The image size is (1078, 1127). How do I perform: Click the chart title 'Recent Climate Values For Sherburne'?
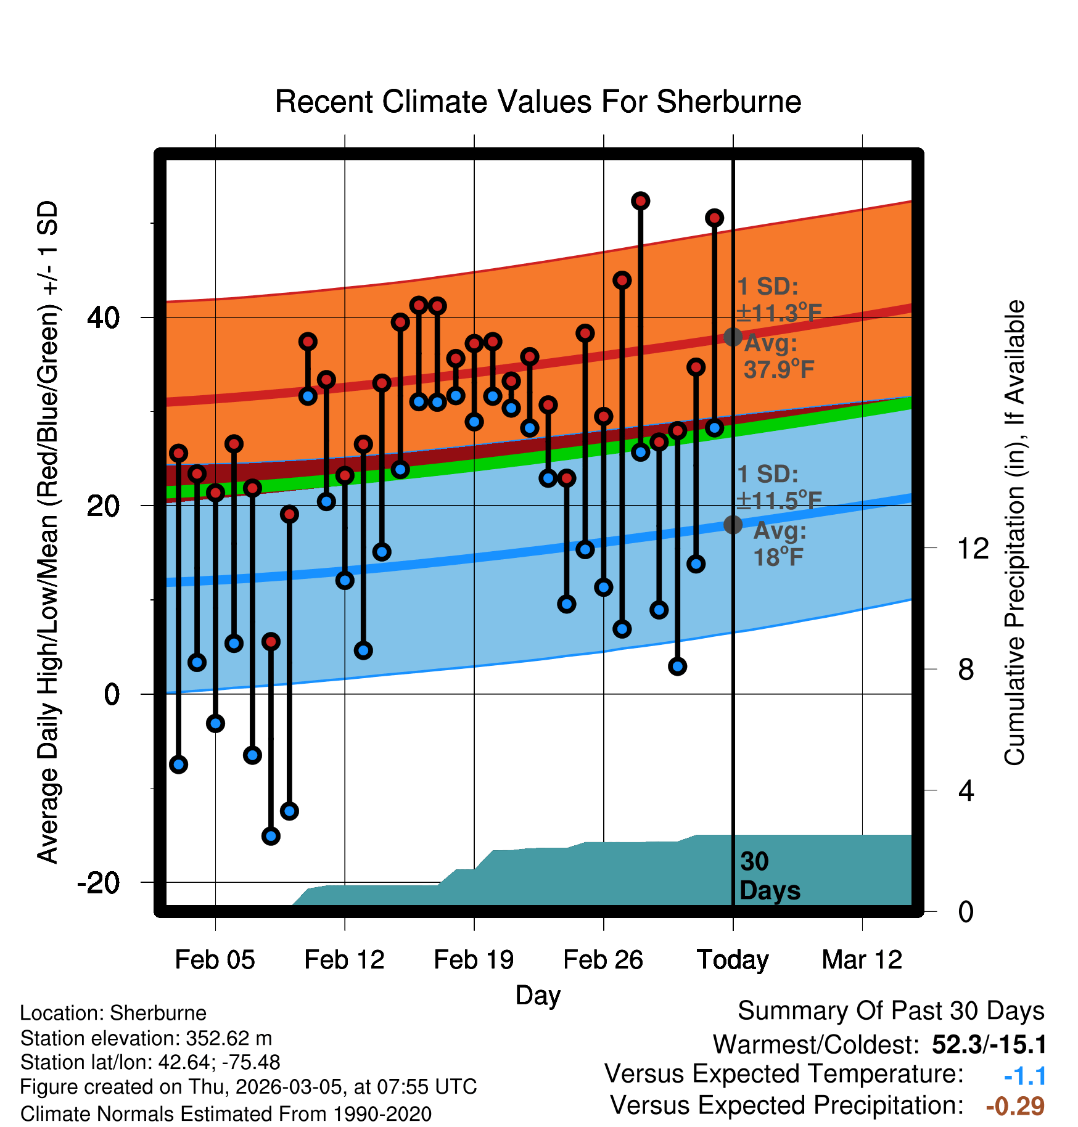coord(538,102)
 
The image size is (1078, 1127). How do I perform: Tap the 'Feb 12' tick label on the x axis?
coord(344,960)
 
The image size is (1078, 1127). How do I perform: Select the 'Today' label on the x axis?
coord(733,960)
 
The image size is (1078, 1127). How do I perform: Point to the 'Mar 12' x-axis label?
coord(862,960)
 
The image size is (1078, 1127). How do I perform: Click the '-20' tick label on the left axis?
coord(98,883)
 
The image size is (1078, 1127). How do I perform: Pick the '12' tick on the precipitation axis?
coord(973,548)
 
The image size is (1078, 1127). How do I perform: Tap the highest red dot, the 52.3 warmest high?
coord(641,201)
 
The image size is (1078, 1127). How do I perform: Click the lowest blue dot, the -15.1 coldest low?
coord(271,836)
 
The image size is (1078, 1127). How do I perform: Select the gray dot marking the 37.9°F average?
coord(733,337)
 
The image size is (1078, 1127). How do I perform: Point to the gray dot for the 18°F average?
coord(733,525)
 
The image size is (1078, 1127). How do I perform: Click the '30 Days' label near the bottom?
coord(769,876)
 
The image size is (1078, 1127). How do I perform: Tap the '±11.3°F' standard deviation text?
coord(779,313)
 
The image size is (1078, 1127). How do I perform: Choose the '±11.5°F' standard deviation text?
coord(779,501)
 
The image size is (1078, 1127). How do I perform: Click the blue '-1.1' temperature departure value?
coord(1025,1076)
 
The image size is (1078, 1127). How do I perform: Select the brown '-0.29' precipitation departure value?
coord(1015,1106)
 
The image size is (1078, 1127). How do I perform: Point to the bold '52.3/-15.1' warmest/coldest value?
coord(989,1045)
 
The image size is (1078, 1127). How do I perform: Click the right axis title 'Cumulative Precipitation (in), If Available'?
coord(1014,533)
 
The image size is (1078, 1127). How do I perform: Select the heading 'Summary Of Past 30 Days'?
coord(891,1011)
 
